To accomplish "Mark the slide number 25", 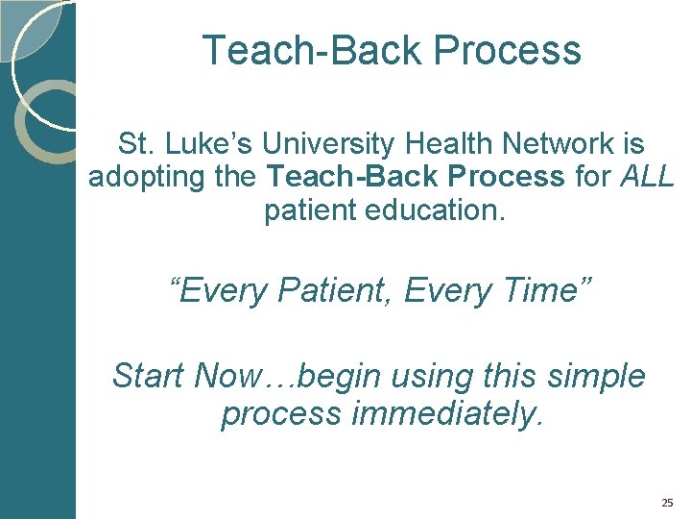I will coord(667,503).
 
